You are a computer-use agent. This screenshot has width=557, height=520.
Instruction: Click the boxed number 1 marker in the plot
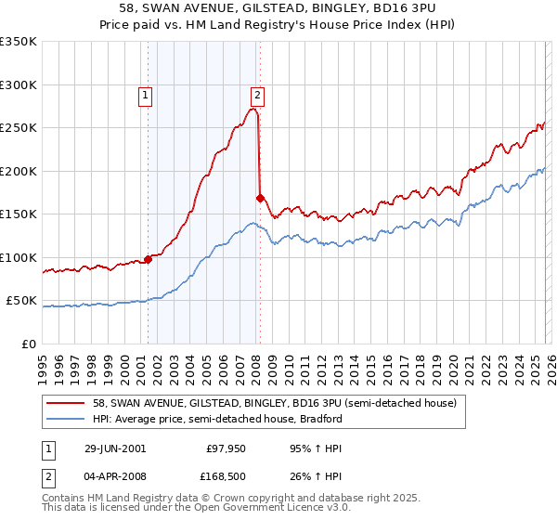point(146,94)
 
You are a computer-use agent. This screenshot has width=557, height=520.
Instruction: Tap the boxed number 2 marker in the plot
point(257,94)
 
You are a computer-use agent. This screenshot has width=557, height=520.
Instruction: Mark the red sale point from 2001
point(149,260)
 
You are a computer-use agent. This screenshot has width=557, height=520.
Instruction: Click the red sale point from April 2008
point(260,198)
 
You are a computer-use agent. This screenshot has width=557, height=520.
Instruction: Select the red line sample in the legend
point(65,404)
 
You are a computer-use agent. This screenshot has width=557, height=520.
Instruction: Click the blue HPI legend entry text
point(218,419)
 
